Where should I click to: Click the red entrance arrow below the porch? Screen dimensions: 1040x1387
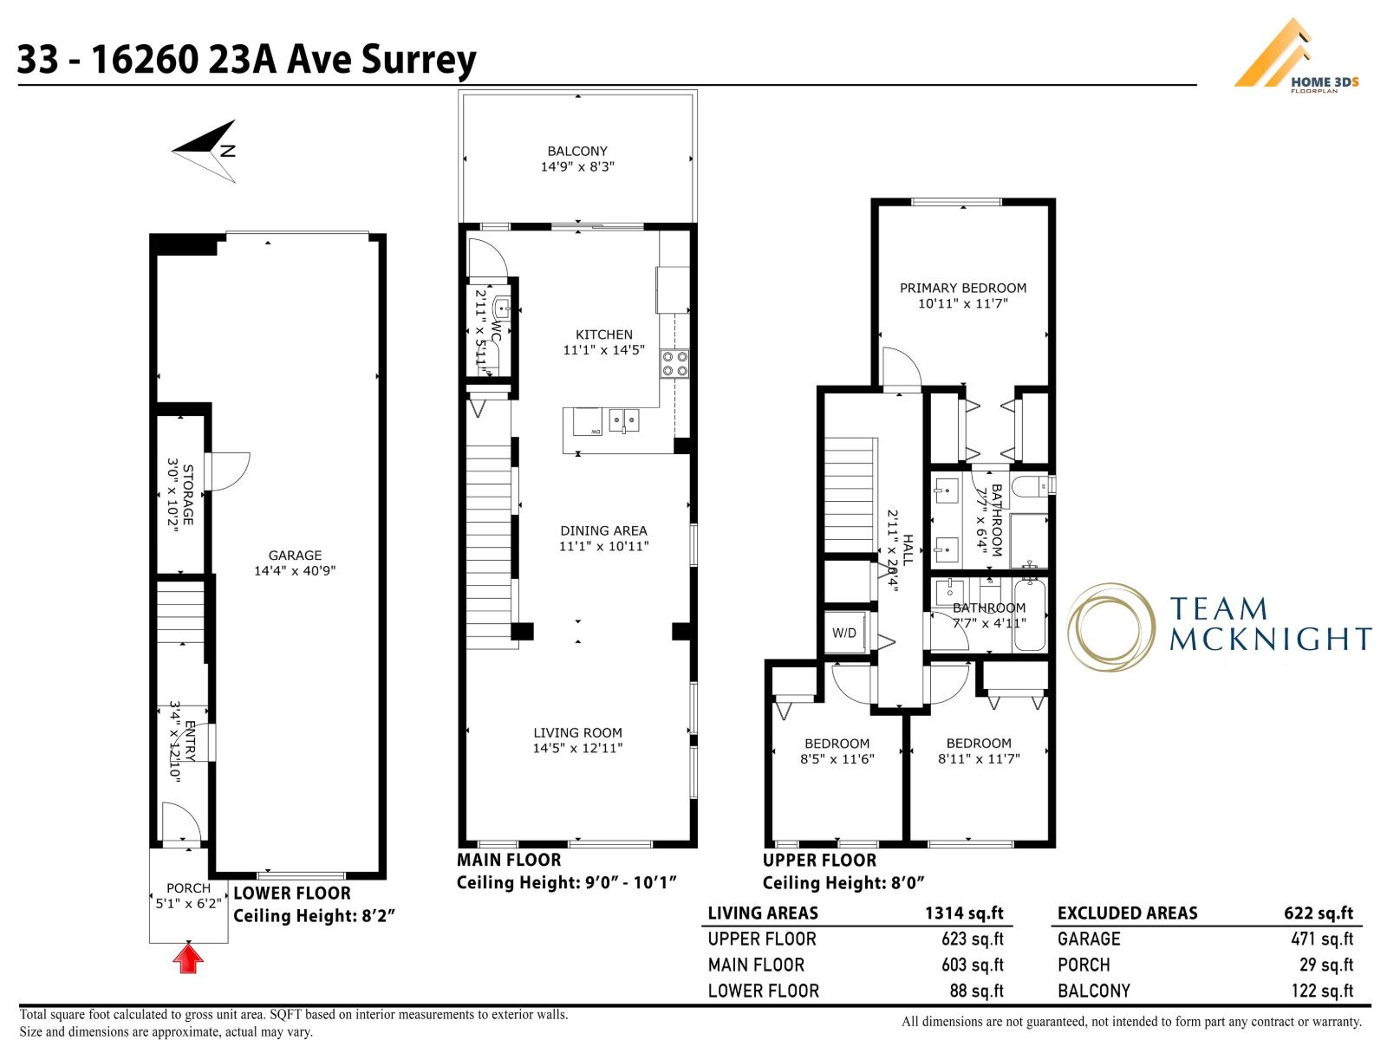[x=188, y=959]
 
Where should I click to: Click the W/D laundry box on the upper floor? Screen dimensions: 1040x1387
[x=844, y=633]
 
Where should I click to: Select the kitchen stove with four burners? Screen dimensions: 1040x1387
[x=674, y=363]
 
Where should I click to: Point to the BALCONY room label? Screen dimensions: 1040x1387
[x=577, y=151]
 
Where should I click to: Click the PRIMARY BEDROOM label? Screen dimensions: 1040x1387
[x=962, y=288]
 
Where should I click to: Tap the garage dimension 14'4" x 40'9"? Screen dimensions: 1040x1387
[x=295, y=571]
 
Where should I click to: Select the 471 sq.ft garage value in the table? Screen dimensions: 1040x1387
[x=1321, y=939]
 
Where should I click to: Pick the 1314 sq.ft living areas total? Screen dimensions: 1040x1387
[x=964, y=913]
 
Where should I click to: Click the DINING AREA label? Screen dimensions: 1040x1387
[x=603, y=530]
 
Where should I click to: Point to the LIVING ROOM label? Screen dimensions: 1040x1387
[x=577, y=732]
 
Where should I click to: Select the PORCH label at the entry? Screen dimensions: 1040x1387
[x=188, y=887]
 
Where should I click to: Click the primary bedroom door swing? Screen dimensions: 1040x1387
[x=900, y=367]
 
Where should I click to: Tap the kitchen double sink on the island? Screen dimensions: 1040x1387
[x=623, y=421]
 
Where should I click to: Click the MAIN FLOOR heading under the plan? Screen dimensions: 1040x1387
[x=509, y=860]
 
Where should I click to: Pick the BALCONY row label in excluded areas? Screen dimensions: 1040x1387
[x=1094, y=991]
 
